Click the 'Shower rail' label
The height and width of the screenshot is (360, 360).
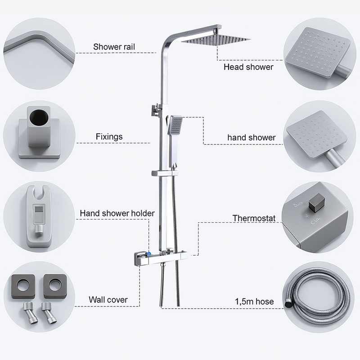114,46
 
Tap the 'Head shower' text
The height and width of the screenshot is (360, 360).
248,67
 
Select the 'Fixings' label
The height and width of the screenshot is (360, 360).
109,136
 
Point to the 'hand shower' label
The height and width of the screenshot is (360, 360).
251,137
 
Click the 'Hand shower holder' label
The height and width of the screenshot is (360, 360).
117,213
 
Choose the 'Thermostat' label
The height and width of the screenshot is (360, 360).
254,218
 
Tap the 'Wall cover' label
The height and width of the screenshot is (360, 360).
108,299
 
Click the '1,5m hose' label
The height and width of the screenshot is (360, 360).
254,301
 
